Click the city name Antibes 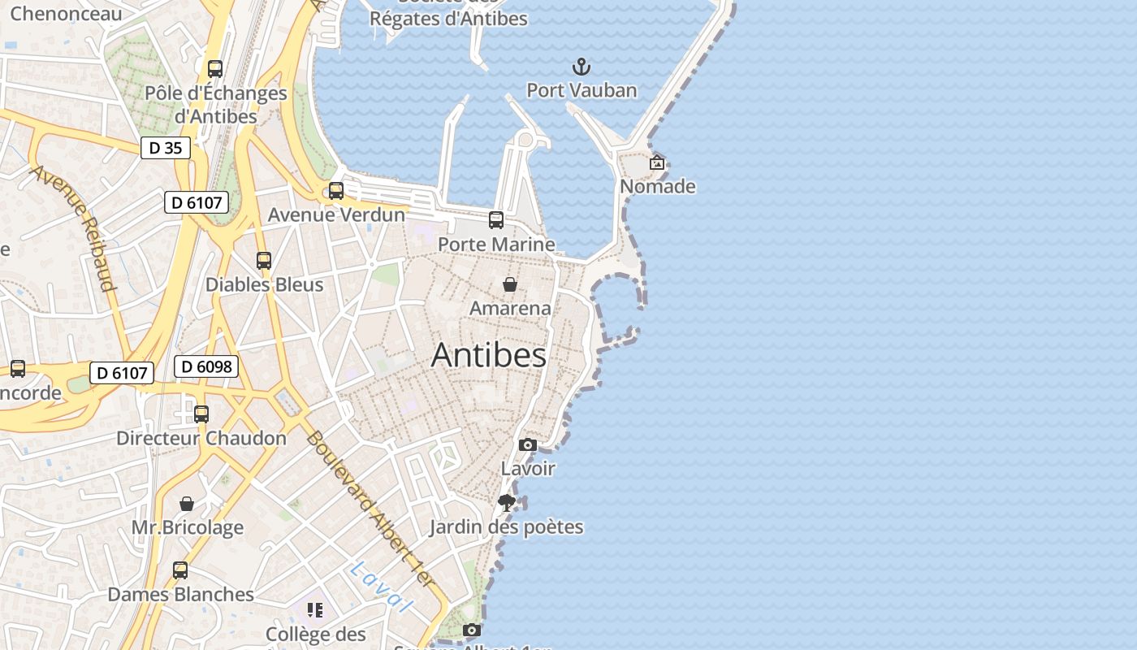488,355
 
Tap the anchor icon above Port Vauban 581,67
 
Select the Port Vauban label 581,90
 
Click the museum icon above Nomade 657,163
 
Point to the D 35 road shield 166,148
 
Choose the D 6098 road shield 206,366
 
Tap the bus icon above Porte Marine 495,220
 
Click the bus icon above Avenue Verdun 335,191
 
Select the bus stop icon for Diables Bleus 264,261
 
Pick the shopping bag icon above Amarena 510,284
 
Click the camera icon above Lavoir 528,444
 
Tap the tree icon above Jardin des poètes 507,503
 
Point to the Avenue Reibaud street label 74,227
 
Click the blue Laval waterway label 382,587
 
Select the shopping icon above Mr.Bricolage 187,504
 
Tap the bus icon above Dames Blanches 180,570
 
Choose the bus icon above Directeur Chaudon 201,414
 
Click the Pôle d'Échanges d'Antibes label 216,105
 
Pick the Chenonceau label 66,13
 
